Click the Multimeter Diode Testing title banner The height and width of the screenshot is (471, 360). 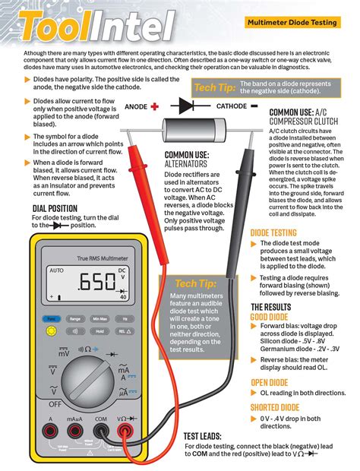tap(292, 23)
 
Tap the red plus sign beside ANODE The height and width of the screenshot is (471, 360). tap(154, 107)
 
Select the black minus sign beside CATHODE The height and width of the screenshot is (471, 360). tap(254, 106)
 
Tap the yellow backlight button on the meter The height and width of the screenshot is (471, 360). tap(51, 331)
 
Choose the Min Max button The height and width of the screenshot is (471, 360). tap(99, 319)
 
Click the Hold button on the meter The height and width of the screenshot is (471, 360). tap(99, 331)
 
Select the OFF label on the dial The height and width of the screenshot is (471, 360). tap(54, 403)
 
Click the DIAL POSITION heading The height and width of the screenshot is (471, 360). tap(54, 208)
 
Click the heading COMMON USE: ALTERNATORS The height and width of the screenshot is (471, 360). tap(188, 160)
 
